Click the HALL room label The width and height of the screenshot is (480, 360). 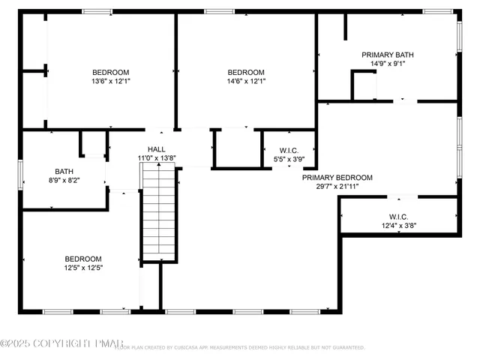click(156, 149)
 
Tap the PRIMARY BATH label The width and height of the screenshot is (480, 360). click(387, 55)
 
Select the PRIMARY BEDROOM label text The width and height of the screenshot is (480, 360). click(337, 178)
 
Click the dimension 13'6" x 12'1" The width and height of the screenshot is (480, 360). click(110, 81)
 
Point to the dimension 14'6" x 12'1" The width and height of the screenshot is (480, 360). click(246, 81)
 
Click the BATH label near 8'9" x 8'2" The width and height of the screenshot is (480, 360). click(64, 171)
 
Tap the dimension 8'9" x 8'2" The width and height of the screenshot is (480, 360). click(64, 180)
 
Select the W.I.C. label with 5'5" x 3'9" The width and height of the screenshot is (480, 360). click(289, 150)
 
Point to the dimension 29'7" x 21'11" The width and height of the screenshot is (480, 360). click(337, 187)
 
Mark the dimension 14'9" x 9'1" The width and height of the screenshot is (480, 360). click(387, 64)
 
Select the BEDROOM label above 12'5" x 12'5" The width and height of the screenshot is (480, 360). click(82, 259)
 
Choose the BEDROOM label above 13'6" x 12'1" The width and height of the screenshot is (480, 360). click(110, 72)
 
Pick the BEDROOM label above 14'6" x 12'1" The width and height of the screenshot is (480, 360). click(246, 72)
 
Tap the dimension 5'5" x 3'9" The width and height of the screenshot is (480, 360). click(289, 159)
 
